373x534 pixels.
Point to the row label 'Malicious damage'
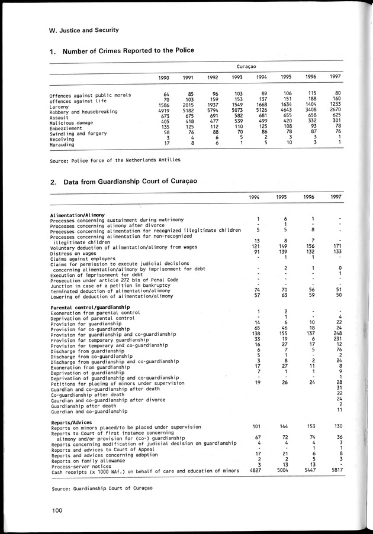coord(74,122)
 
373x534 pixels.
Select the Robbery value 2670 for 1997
coord(335,111)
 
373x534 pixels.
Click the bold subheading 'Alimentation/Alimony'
coord(78,214)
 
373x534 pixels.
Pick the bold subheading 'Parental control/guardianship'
coord(90,308)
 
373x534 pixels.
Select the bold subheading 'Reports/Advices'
coord(71,422)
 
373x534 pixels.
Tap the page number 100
coord(56,509)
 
